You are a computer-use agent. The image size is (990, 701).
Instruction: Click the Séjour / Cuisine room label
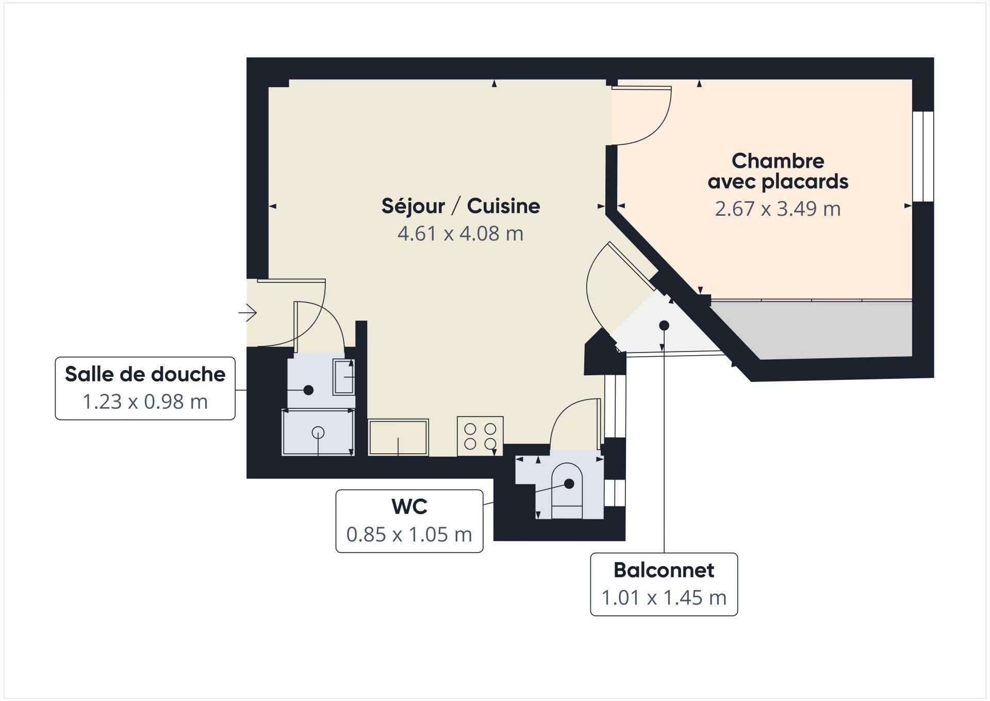click(460, 206)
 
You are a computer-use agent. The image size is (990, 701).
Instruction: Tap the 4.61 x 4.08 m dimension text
click(460, 234)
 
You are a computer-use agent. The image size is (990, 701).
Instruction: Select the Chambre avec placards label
click(778, 171)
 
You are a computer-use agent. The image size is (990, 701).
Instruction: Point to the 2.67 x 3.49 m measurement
click(778, 209)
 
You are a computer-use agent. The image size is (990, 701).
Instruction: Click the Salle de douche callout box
click(145, 388)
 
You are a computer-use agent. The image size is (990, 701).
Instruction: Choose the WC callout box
click(409, 521)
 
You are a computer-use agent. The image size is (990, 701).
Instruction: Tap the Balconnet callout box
click(664, 584)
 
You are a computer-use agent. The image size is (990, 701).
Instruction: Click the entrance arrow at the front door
click(248, 312)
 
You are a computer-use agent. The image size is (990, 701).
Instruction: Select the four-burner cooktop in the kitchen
click(480, 436)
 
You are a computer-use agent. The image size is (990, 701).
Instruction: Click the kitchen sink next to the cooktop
click(398, 437)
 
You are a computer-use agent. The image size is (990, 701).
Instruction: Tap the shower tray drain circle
click(318, 433)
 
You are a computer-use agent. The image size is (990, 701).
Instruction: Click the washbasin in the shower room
click(343, 377)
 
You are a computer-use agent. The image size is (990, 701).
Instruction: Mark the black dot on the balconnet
click(664, 326)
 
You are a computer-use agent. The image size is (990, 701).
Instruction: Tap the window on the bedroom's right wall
click(923, 156)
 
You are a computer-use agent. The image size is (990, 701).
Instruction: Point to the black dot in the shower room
click(308, 390)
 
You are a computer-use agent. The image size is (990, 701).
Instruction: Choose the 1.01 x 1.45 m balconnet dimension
click(664, 598)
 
